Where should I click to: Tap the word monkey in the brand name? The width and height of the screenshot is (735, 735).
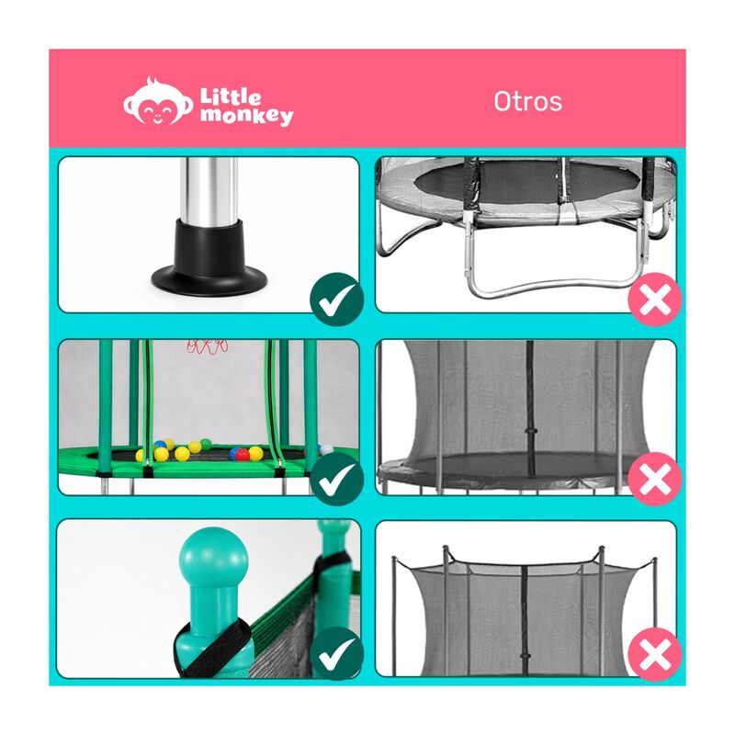[x=246, y=116]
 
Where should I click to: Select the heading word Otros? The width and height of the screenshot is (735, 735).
[x=527, y=100]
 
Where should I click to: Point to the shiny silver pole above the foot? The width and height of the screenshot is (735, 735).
[x=208, y=194]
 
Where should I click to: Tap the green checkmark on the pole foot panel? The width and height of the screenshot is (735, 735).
[x=336, y=298]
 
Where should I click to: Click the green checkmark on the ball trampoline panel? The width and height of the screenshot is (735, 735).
[x=336, y=479]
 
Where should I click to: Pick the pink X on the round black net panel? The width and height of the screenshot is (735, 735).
[x=655, y=479]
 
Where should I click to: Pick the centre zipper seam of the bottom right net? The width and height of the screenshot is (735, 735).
[x=524, y=616]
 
